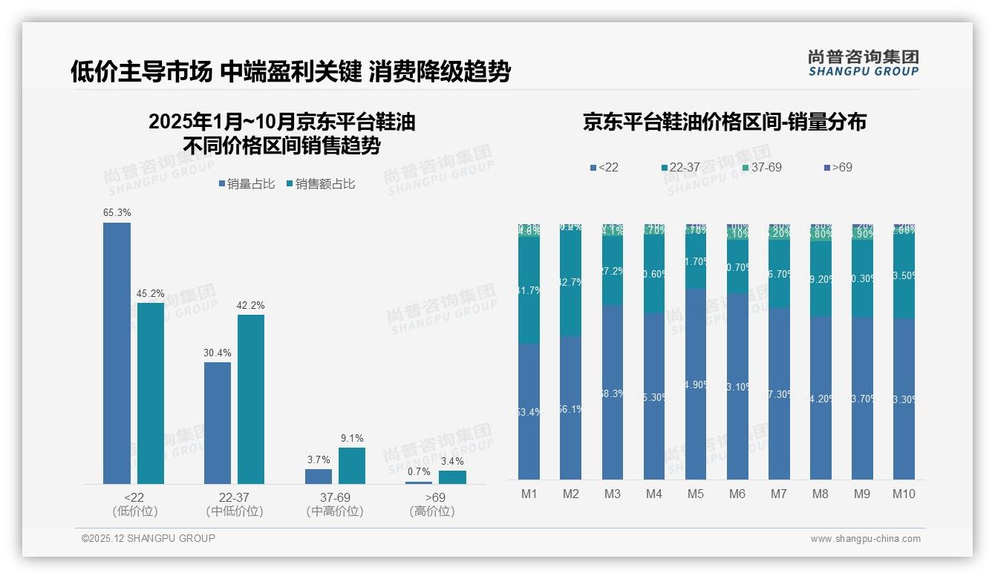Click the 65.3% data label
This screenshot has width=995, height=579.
(117, 213)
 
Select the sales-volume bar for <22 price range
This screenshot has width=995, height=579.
(117, 353)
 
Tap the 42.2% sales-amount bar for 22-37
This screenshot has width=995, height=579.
(251, 399)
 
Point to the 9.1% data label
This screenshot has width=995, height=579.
(352, 439)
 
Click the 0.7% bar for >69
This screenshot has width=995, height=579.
(419, 482)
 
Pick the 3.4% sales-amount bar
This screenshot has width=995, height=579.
(452, 477)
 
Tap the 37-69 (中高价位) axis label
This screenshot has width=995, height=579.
(335, 504)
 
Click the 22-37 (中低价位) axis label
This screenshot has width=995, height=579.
(235, 504)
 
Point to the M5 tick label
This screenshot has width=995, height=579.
(696, 494)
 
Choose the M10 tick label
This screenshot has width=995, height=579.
(904, 494)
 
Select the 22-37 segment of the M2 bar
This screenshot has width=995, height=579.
(571, 284)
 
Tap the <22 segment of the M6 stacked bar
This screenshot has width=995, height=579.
(737, 386)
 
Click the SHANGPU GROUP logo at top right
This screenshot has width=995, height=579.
(863, 63)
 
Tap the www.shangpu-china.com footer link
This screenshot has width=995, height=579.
(865, 539)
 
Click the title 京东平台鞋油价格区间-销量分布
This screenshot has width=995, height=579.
(724, 122)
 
